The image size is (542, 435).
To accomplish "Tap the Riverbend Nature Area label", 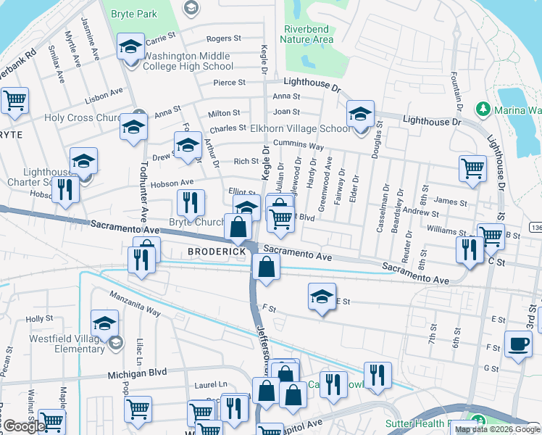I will coord(307,35).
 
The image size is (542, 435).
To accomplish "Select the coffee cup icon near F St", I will coord(517,344).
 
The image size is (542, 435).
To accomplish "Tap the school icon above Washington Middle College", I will coord(130,48).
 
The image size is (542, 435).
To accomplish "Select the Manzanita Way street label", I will coord(134,304).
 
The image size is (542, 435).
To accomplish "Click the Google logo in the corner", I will coord(23,426).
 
